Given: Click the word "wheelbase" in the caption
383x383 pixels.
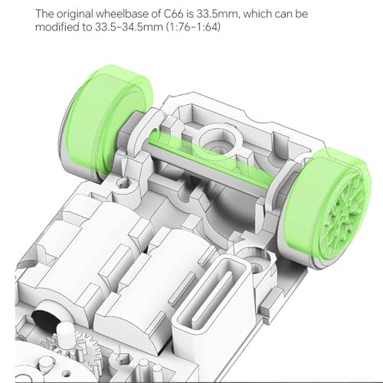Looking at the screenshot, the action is pos(123,14).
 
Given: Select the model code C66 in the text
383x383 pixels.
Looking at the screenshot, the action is pos(174,14).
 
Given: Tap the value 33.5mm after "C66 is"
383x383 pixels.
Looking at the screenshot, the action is pos(218,14).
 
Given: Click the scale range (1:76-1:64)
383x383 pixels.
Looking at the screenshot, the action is pos(193,27).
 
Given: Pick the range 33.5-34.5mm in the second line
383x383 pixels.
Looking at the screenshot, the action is pos(129,27).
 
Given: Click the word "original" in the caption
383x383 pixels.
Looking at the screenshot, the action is pos(75,15).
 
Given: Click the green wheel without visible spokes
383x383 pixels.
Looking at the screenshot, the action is pos(106,123).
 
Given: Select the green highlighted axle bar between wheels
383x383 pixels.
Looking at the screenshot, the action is pos(209,159).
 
